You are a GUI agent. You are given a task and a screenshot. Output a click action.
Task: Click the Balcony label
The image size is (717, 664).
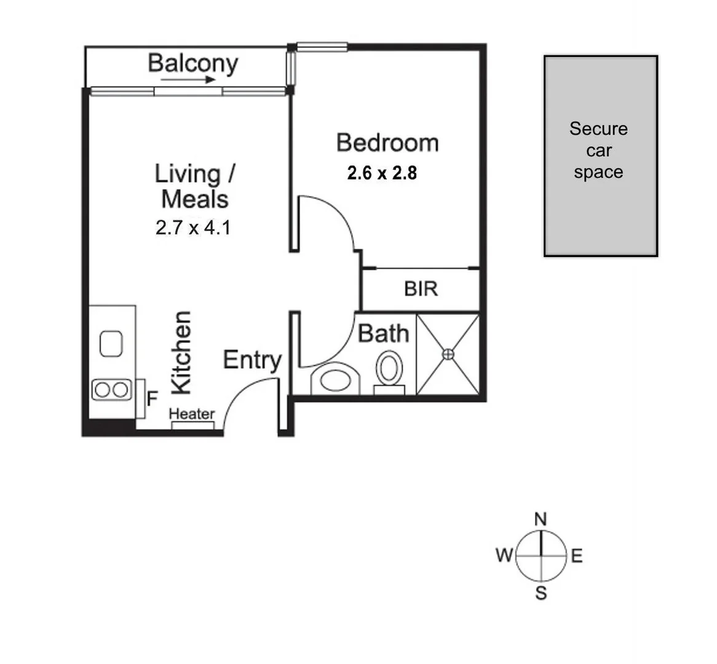pos(192,63)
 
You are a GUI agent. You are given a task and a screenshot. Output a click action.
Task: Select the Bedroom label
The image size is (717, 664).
pos(387,143)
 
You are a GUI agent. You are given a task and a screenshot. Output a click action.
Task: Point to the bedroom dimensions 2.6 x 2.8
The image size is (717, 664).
pos(382,173)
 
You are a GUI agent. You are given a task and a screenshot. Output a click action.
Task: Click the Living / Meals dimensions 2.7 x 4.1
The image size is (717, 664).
pos(193,228)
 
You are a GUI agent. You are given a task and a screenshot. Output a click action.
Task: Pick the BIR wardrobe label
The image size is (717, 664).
pos(421,288)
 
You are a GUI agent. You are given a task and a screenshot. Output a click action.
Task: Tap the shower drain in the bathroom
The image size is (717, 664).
pos(448,354)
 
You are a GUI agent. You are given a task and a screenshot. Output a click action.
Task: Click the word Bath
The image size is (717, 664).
pos(383,334)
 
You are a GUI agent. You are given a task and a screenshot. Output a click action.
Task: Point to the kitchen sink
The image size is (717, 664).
pos(112,343)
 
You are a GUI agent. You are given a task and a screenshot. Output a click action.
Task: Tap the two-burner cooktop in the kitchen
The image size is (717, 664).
pos(111,389)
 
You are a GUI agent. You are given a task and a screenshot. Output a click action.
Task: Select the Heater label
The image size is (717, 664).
pos(192,414)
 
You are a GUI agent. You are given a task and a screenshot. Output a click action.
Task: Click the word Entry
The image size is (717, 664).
pos(252,360)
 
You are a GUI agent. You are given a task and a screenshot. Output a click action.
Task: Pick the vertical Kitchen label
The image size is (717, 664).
pos(181,352)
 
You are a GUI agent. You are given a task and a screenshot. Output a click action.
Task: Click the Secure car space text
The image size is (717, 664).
pos(598,151)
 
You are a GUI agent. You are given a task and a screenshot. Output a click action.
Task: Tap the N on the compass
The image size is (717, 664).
pos(541,520)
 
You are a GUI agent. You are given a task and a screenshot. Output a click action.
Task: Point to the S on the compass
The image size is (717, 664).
pos(541,593)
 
